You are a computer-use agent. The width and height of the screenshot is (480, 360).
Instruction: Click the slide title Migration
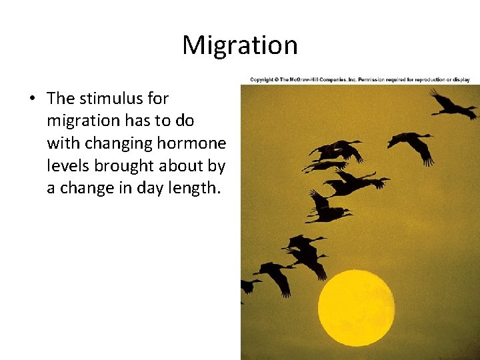(240, 45)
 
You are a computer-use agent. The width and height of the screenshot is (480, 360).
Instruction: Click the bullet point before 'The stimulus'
(31, 99)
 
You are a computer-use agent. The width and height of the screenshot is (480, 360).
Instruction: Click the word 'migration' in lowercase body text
(83, 121)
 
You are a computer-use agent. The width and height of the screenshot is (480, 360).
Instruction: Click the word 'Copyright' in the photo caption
(261, 80)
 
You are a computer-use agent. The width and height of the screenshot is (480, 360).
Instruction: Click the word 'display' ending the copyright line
(460, 80)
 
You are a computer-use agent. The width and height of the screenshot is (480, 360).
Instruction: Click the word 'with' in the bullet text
(60, 143)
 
